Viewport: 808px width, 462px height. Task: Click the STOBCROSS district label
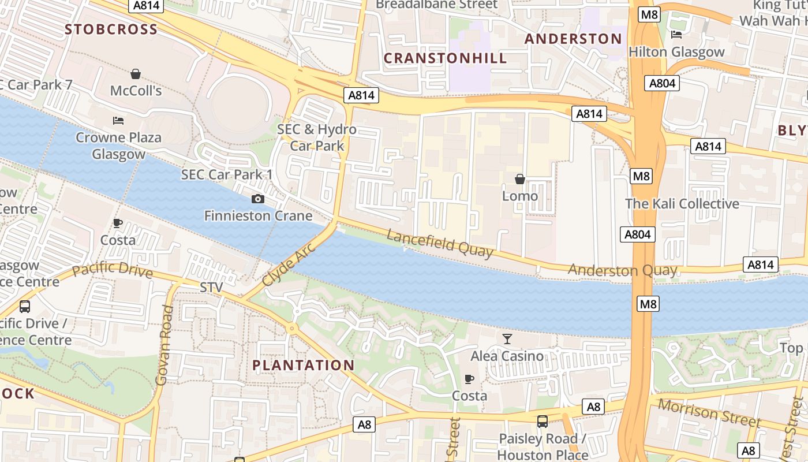pyautogui.click(x=111, y=29)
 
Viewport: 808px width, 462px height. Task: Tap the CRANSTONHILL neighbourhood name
pyautogui.click(x=445, y=58)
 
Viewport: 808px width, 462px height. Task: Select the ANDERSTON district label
pyautogui.click(x=573, y=39)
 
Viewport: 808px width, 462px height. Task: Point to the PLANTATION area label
pyautogui.click(x=304, y=365)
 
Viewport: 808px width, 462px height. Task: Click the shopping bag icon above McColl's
pyautogui.click(x=136, y=74)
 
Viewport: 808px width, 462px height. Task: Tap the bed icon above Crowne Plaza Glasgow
pyautogui.click(x=118, y=121)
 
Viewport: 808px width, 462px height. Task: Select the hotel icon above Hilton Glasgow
pyautogui.click(x=676, y=35)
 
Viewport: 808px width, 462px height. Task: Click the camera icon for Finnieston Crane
pyautogui.click(x=258, y=199)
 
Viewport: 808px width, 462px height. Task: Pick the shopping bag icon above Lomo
pyautogui.click(x=519, y=180)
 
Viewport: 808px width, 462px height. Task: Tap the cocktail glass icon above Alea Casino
pyautogui.click(x=507, y=339)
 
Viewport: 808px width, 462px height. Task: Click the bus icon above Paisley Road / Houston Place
pyautogui.click(x=542, y=422)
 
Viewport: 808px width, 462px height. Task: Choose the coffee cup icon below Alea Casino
pyautogui.click(x=469, y=379)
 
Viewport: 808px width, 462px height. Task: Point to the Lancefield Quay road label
pyautogui.click(x=440, y=243)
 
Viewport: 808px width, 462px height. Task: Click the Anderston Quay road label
pyautogui.click(x=622, y=270)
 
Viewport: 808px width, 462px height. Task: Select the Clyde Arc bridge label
pyautogui.click(x=289, y=264)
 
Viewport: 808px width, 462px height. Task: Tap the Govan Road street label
pyautogui.click(x=164, y=345)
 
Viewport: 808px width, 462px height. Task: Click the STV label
pyautogui.click(x=211, y=287)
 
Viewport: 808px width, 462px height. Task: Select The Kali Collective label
pyautogui.click(x=682, y=204)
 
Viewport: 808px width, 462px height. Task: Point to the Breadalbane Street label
pyautogui.click(x=436, y=5)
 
